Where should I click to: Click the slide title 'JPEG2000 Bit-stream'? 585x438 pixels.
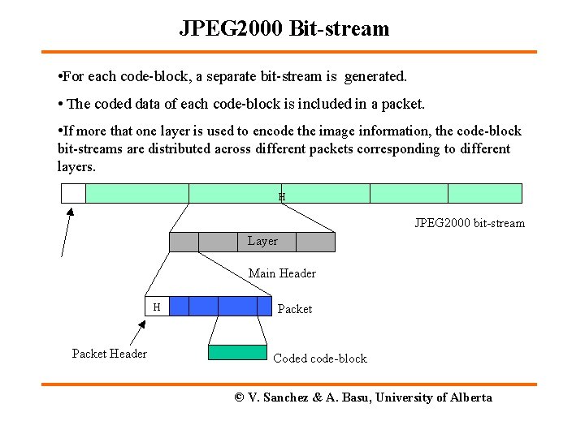pos(284,29)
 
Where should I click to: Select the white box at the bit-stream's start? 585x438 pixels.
pos(73,193)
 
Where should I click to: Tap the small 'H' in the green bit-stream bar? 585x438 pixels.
pos(282,196)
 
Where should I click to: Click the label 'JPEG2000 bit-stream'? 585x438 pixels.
pos(470,223)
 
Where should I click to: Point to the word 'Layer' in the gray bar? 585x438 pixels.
pos(262,241)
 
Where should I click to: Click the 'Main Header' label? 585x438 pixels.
pos(282,273)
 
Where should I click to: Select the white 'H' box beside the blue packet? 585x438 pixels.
pos(158,306)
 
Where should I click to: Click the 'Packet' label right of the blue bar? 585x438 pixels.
pos(295,309)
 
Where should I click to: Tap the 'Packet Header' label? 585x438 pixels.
pos(110,354)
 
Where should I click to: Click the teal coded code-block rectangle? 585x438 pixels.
pos(237,352)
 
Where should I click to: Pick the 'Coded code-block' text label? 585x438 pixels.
pos(320,359)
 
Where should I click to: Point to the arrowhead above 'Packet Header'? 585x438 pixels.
pos(141,325)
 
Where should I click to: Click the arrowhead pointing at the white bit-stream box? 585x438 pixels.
pos(70,213)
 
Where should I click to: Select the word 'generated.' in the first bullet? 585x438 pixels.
pos(375,77)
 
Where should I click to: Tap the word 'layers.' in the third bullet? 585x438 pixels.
pos(76,167)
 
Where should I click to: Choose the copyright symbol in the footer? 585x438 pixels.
pos(240,397)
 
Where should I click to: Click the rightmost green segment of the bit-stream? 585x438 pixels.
pos(484,193)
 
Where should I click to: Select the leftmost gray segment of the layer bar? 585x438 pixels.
pos(184,242)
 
